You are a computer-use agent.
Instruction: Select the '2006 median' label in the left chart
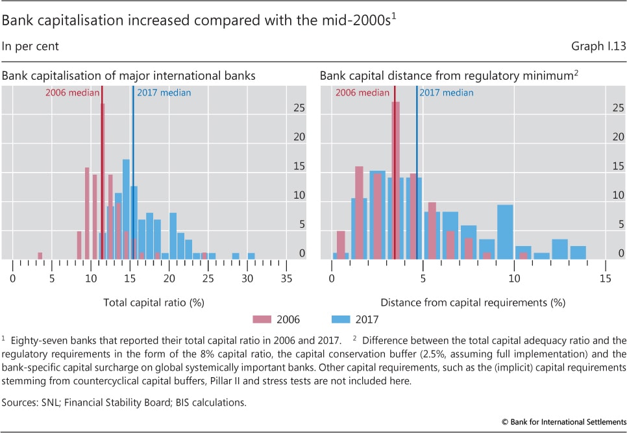coord(72,93)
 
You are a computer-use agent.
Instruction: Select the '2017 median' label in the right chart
coord(447,93)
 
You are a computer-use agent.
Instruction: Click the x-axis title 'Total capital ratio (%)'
coord(149,302)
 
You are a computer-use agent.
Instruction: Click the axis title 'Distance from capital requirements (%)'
coord(473,302)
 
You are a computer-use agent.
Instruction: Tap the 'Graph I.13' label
coord(595,46)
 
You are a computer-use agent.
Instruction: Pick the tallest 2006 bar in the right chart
coord(396,180)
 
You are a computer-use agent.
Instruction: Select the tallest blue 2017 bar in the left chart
coord(126,209)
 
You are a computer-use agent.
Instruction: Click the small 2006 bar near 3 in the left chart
coord(40,256)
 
